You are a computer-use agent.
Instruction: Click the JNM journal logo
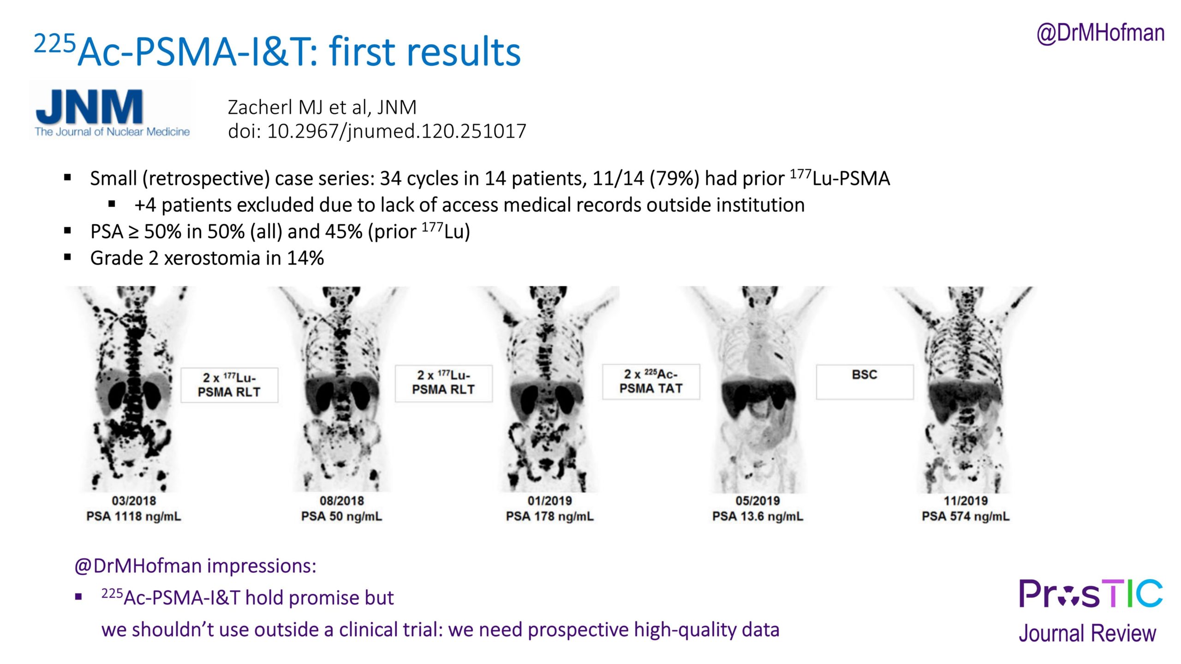pos(112,111)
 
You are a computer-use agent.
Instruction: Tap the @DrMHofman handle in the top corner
pos(1100,33)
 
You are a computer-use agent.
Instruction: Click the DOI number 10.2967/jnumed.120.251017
pos(396,131)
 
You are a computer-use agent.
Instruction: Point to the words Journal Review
pos(1087,633)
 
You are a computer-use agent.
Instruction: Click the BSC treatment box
pos(865,382)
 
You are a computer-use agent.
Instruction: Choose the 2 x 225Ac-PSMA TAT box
pos(651,382)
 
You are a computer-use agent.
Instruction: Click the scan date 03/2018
pos(134,501)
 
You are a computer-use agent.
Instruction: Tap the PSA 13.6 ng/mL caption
pos(758,516)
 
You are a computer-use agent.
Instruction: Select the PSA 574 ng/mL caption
pos(966,516)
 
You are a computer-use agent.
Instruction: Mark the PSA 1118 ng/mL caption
pos(134,516)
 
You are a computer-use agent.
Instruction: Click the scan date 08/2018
pos(342,501)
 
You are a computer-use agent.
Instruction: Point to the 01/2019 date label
pos(550,501)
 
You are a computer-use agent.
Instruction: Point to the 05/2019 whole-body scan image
pos(758,390)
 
